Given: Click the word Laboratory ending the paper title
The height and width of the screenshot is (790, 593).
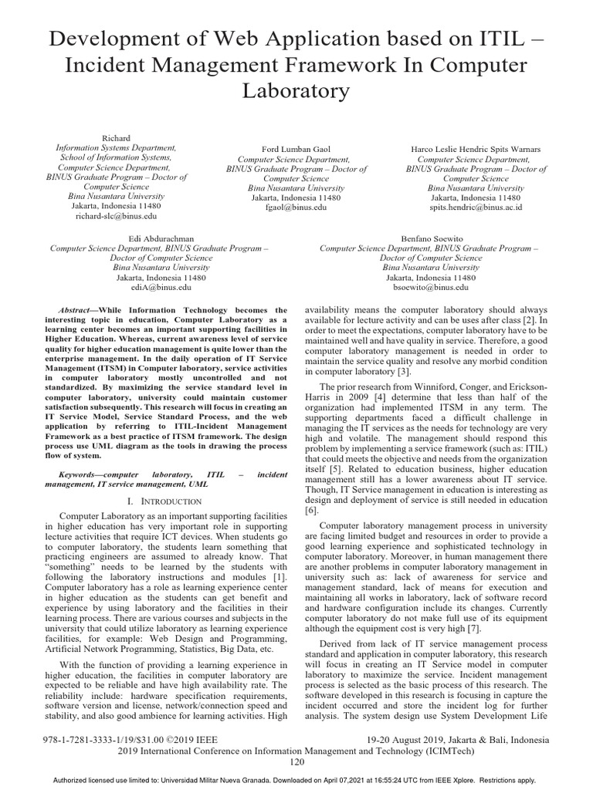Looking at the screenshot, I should pos(296,91).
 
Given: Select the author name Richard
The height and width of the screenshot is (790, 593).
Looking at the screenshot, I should pos(117,137).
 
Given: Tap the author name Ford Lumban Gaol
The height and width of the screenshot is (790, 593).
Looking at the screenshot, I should pos(296,149).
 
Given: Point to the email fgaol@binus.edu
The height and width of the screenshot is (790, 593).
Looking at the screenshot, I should pos(296,208).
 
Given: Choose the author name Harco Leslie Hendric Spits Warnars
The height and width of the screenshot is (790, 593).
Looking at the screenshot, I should pos(476,149).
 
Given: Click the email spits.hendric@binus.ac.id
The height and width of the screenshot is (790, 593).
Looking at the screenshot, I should pos(476,208).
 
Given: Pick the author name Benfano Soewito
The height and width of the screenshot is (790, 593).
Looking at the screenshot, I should pos(430,238).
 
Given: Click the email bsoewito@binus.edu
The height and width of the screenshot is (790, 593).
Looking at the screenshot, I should pos(430,287).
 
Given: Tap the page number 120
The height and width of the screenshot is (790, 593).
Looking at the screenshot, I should pos(297,761).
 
